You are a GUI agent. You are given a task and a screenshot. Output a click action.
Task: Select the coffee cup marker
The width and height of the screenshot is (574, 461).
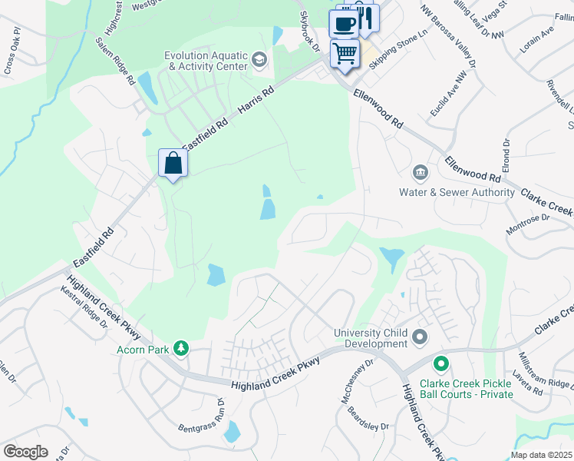pyautogui.click(x=345, y=22)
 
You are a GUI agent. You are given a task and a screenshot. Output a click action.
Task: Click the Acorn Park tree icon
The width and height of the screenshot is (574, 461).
pyautogui.click(x=181, y=349)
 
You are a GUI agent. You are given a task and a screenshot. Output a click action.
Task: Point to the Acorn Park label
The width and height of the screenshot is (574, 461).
pyautogui.click(x=142, y=350)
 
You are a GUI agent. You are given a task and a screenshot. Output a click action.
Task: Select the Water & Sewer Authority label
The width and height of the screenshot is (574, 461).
pyautogui.click(x=457, y=192)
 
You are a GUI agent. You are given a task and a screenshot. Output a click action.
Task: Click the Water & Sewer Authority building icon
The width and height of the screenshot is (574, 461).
pyautogui.click(x=420, y=171)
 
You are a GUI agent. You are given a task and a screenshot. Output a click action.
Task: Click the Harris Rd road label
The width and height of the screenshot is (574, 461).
pyautogui.click(x=256, y=101)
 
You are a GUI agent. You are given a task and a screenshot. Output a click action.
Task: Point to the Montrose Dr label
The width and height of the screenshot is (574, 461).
pyautogui.click(x=528, y=224)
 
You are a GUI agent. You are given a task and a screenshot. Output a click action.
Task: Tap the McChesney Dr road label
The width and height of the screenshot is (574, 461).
pyautogui.click(x=357, y=372)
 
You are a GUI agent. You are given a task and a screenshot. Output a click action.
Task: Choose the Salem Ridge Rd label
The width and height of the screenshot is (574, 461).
pyautogui.click(x=116, y=61)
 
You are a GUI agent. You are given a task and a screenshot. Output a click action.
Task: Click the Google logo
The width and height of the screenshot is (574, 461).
pyautogui.click(x=25, y=452)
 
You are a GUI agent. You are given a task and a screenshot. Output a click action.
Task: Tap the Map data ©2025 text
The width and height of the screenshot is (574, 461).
pyautogui.click(x=541, y=455)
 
